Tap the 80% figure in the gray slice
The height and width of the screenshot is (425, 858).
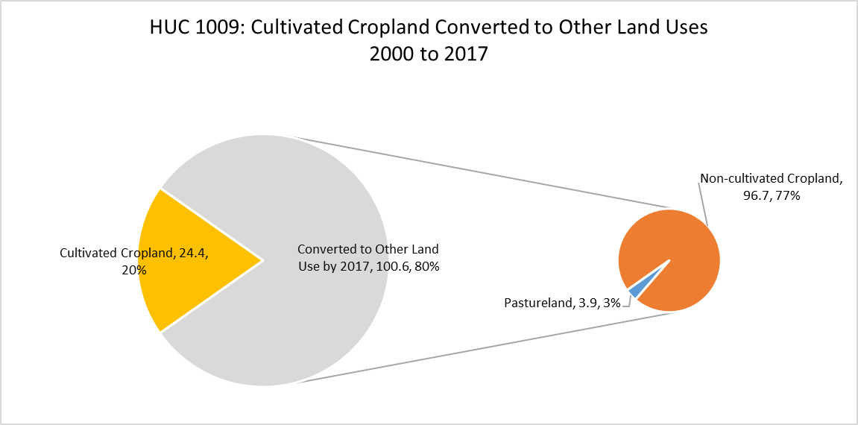pos(428,268)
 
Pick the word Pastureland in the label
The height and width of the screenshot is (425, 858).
pos(538,303)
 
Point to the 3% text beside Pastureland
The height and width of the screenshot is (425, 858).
pos(610,303)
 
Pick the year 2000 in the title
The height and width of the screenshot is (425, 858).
pos(387,54)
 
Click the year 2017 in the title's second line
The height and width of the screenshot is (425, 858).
pos(468,54)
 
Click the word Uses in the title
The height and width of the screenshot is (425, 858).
pos(689,28)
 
